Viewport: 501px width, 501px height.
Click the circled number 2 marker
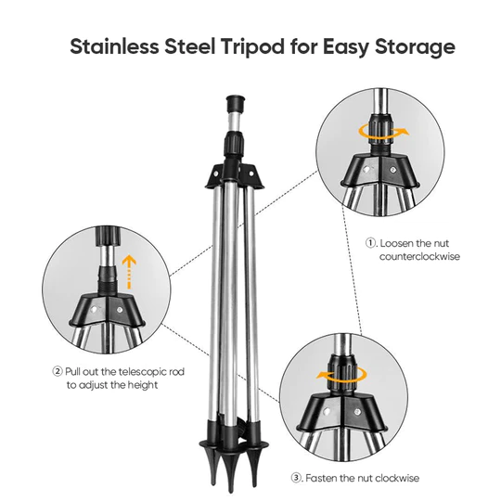[58, 370]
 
